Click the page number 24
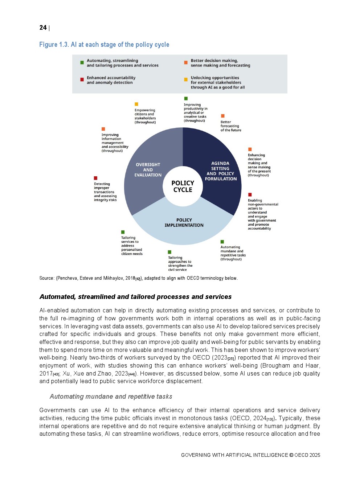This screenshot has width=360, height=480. click(43, 28)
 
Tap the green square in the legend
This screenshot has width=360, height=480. click(82, 63)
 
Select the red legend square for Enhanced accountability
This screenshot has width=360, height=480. click(82, 79)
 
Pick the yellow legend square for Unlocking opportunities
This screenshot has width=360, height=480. click(186, 79)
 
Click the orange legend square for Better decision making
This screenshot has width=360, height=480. click(186, 63)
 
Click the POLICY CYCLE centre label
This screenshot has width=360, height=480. click(183, 186)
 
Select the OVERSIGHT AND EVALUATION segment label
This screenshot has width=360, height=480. click(148, 170)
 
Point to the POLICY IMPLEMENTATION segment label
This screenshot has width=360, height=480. click(184, 222)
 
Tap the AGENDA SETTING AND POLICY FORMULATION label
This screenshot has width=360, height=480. click(221, 171)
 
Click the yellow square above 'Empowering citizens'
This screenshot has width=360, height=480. click(136, 104)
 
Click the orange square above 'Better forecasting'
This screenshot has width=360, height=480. click(223, 116)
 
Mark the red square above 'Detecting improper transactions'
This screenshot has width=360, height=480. click(96, 178)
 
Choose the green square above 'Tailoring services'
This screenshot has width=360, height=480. click(123, 232)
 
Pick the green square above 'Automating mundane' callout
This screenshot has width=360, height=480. click(222, 242)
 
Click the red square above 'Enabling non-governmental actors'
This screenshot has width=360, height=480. click(250, 195)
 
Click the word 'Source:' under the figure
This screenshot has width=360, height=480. click(47, 278)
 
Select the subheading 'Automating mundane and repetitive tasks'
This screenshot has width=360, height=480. click(111, 397)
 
